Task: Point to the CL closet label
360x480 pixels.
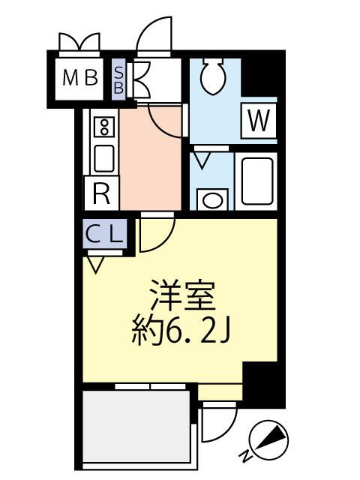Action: [x=103, y=234]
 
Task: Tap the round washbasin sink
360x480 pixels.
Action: [x=213, y=199]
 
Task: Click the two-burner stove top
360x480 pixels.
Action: [x=103, y=127]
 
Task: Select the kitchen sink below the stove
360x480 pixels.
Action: [x=103, y=158]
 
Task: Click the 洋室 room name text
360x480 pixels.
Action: [x=183, y=293]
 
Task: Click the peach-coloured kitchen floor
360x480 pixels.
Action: [x=150, y=161]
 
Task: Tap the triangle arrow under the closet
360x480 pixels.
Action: [x=95, y=264]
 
